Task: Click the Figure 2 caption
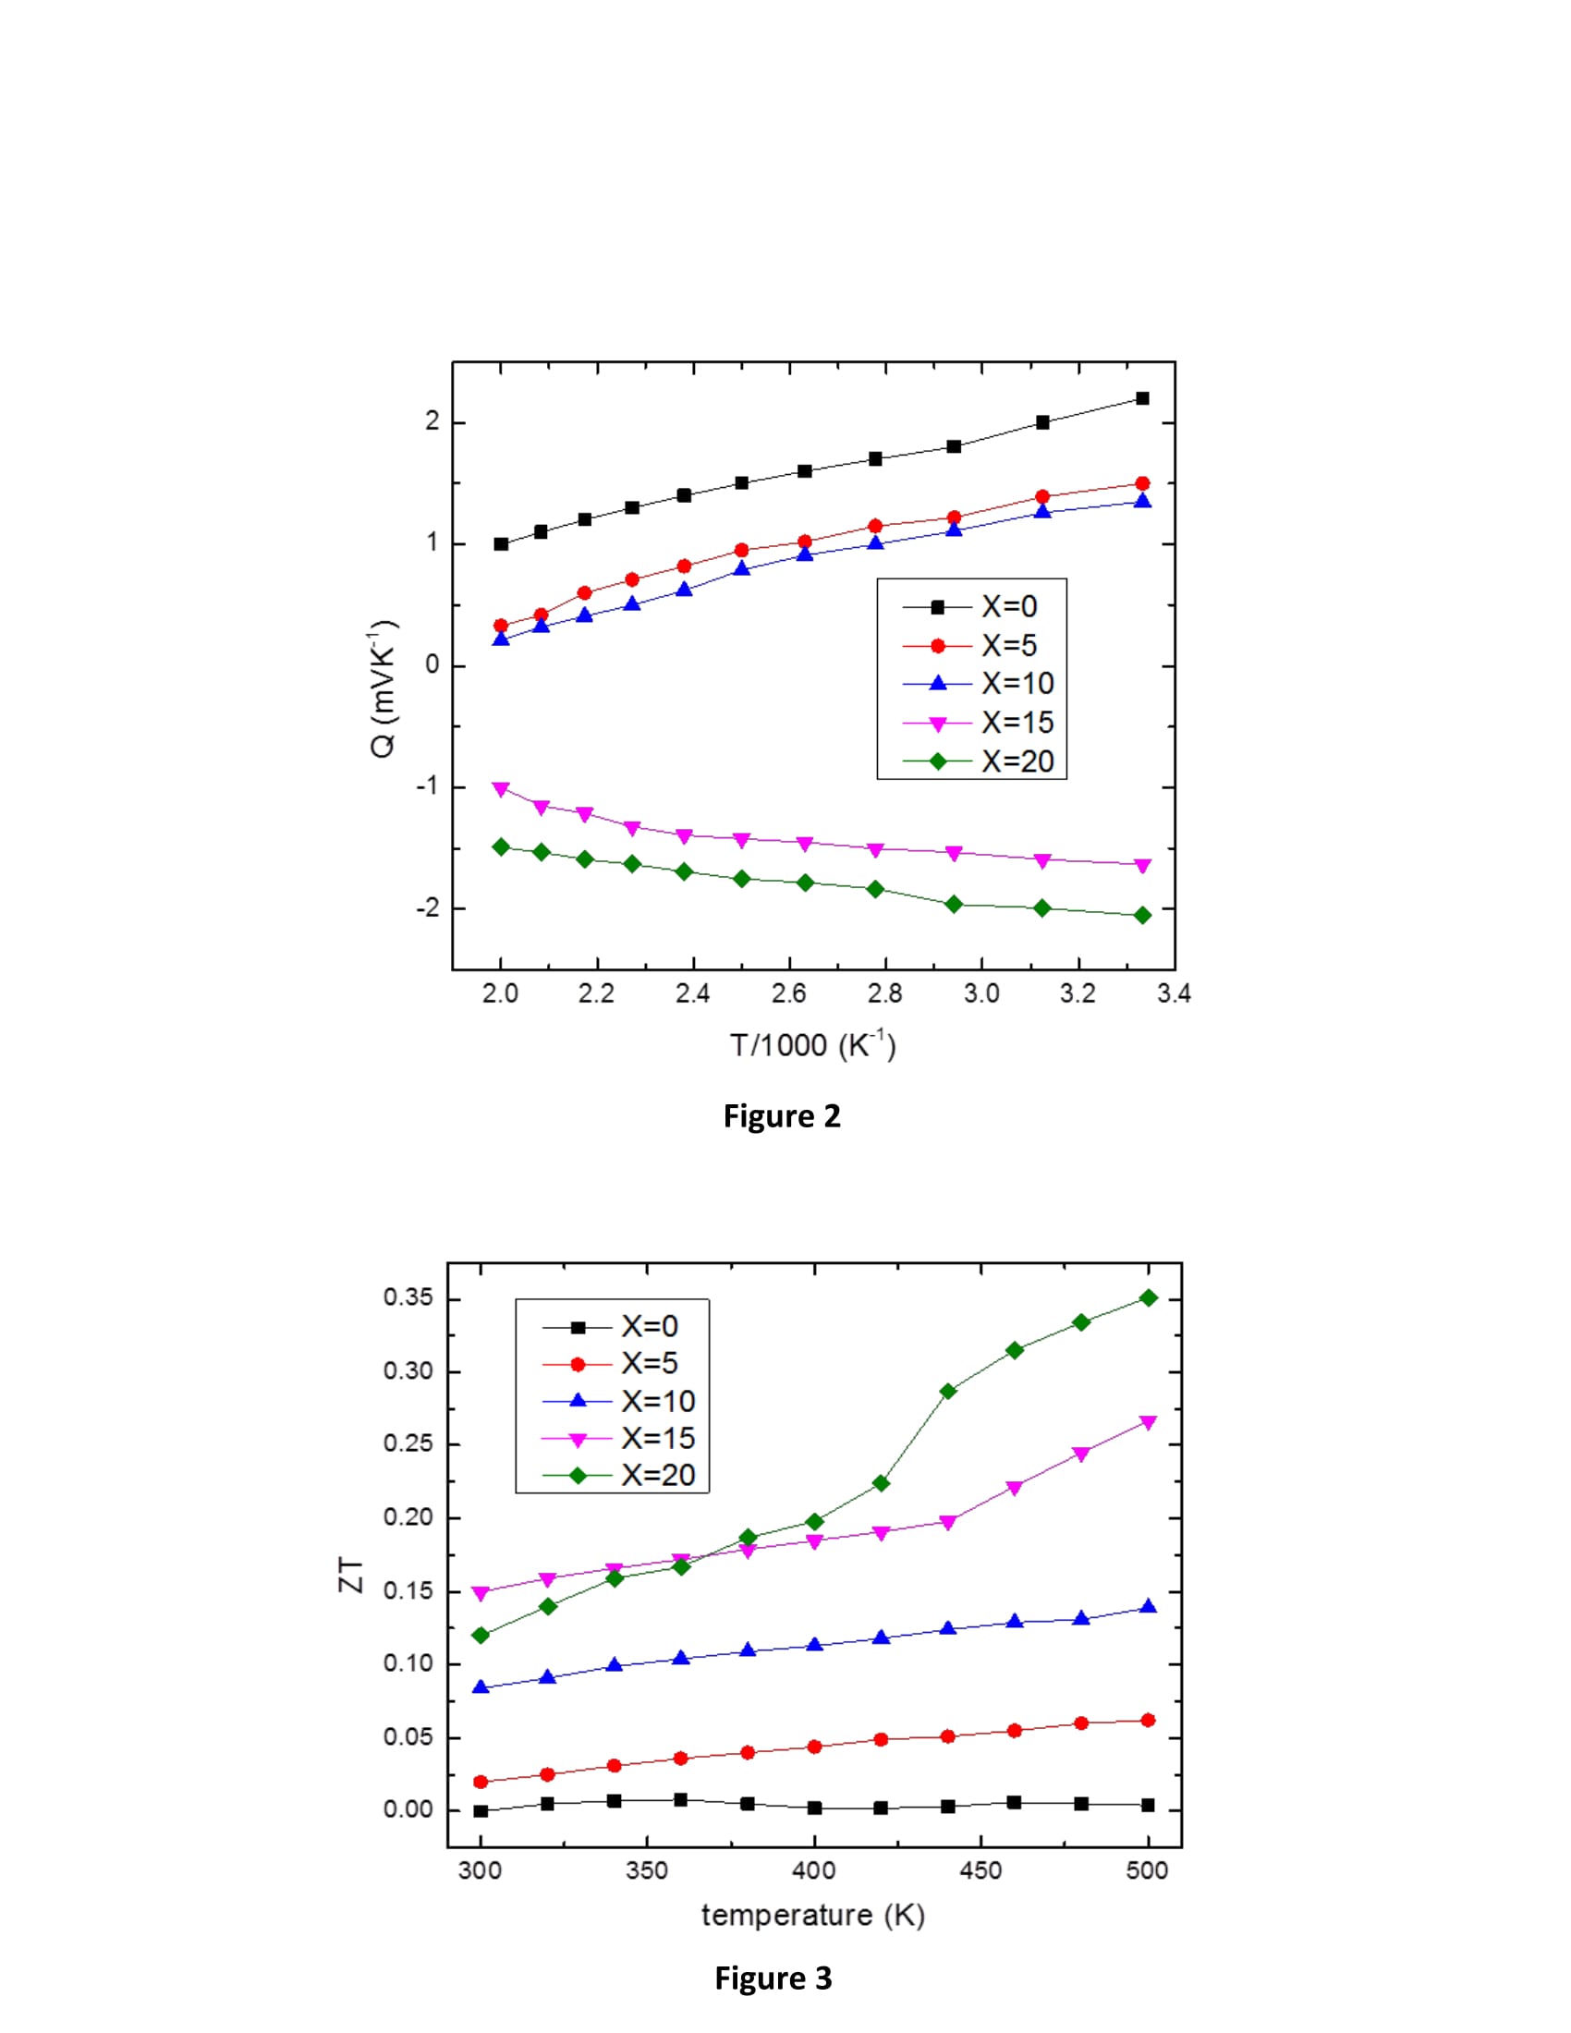point(782,1116)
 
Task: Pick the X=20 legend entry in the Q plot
point(1017,761)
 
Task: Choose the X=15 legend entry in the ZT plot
point(658,1438)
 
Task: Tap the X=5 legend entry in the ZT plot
point(650,1364)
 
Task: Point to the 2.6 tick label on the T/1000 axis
point(788,994)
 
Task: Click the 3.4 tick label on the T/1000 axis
point(1174,994)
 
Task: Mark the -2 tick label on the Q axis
point(426,908)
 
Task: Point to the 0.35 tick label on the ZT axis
point(408,1297)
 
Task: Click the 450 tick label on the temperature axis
point(980,1871)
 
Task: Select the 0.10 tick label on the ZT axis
point(408,1663)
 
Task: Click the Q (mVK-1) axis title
point(384,688)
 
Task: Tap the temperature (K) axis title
point(812,1916)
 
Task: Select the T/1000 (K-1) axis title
point(812,1045)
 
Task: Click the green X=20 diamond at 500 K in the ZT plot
point(1149,1297)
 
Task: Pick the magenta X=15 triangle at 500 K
point(1149,1422)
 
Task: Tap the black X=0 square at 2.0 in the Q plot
point(501,543)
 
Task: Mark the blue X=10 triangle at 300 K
point(481,1686)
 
